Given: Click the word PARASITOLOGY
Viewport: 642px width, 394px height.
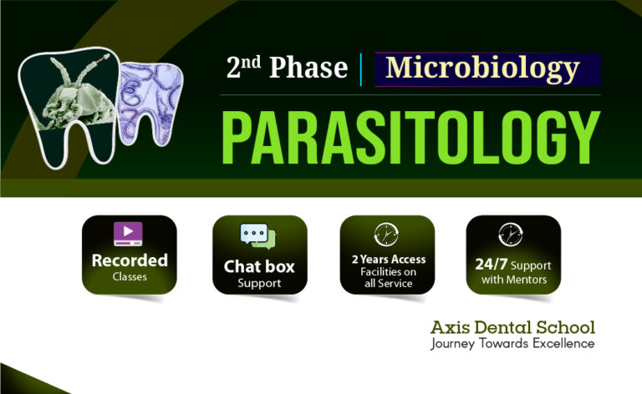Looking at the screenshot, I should tap(410, 136).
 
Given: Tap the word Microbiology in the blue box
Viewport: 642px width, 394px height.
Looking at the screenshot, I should tap(482, 68).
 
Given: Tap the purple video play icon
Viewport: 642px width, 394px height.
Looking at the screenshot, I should tap(129, 234).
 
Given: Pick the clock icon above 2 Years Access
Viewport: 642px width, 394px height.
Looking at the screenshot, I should tap(386, 234).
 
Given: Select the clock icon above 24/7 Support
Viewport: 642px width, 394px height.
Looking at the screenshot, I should tap(511, 235).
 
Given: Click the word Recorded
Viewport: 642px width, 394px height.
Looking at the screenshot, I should tap(130, 260).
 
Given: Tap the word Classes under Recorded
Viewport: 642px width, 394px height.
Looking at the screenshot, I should tap(130, 276).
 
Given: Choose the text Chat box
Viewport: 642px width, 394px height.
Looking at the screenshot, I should tap(259, 267).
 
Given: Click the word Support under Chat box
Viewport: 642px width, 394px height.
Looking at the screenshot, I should tap(259, 284).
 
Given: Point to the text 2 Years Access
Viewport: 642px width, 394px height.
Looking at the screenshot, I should tap(387, 259).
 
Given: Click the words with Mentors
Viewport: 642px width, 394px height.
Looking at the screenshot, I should tap(512, 280).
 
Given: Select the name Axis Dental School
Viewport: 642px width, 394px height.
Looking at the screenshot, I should tap(512, 326).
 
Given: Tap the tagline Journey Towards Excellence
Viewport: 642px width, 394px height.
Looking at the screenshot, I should tap(512, 343).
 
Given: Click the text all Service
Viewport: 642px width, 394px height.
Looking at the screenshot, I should tap(387, 283).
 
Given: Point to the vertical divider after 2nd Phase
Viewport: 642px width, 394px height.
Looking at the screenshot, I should tap(360, 68).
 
